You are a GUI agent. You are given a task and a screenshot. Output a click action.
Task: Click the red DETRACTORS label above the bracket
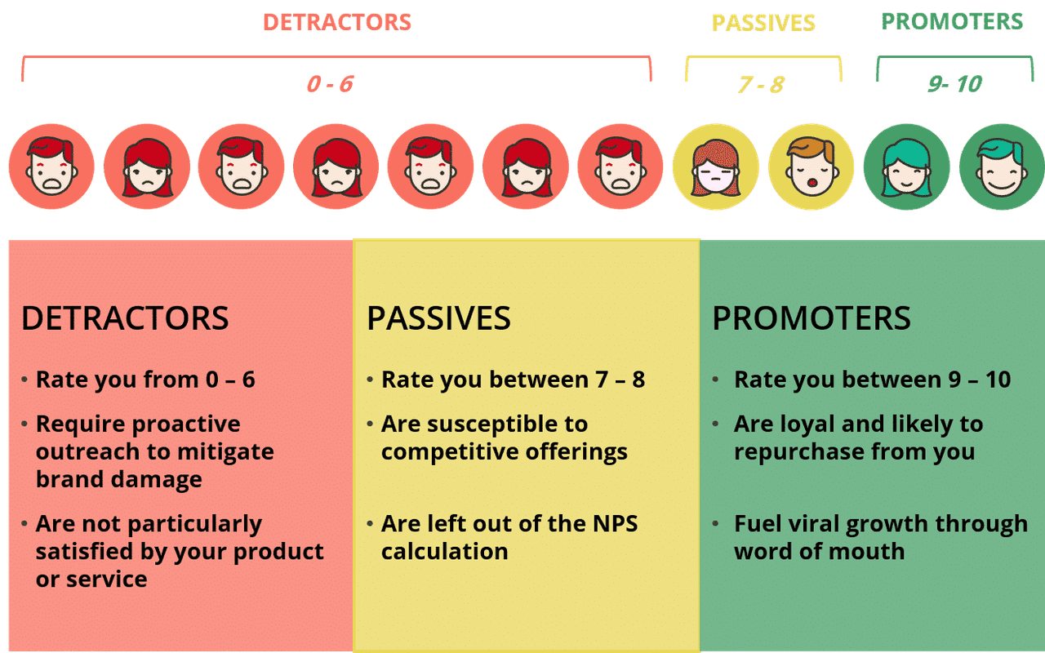coord(337,22)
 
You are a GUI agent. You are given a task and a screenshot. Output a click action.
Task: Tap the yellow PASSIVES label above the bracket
coord(763,23)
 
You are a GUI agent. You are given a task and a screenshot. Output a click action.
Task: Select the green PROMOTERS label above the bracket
coord(952,21)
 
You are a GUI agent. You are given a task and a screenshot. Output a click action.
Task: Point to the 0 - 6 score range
coord(330,84)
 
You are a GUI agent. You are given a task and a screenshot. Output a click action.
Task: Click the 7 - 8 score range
coord(762,85)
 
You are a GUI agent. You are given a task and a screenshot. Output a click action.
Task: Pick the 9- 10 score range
coord(955,84)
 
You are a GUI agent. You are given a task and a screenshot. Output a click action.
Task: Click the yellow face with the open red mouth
coord(812,167)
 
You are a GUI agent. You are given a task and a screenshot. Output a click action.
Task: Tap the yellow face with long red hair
coord(716,167)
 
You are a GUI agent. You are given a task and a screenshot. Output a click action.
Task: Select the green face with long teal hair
coord(906,167)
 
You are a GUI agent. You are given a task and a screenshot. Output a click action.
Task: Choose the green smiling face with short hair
coord(1002,167)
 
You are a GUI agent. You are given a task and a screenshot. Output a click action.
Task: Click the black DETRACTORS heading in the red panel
coord(125,318)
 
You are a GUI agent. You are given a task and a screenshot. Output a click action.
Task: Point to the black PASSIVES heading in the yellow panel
coord(439,318)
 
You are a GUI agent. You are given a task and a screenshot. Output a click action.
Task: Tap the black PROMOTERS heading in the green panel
coord(812,318)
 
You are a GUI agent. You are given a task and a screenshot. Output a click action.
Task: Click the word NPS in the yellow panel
coord(615,524)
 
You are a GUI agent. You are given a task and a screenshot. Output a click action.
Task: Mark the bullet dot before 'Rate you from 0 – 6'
coord(24,380)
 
